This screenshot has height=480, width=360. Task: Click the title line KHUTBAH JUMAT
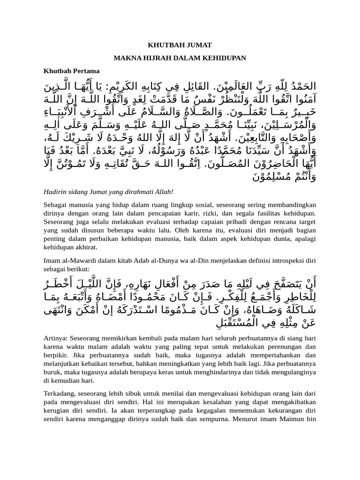point(180,45)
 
